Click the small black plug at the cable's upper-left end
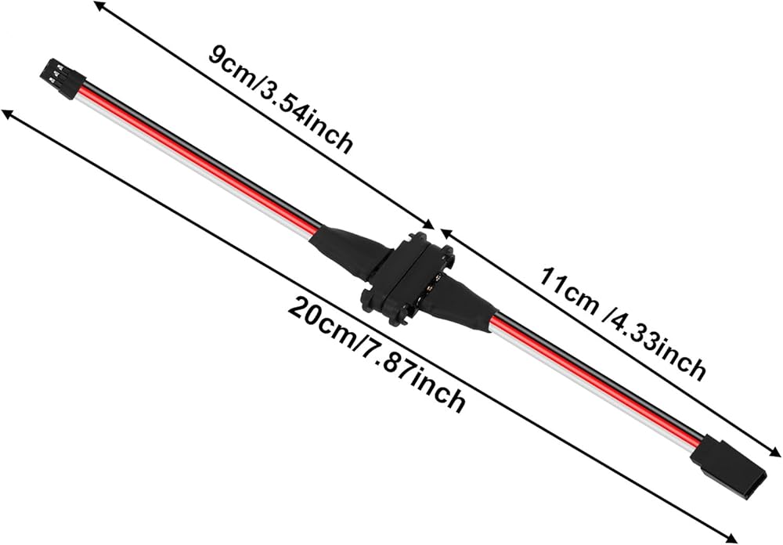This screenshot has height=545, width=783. (62, 78)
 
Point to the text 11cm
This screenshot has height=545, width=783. (568, 290)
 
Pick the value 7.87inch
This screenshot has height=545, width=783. (414, 377)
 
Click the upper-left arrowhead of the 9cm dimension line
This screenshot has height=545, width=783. (99, 6)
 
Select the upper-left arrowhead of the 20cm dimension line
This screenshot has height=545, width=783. (8, 114)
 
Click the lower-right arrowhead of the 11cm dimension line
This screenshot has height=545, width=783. (774, 452)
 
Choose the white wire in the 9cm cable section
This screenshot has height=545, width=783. (197, 166)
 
